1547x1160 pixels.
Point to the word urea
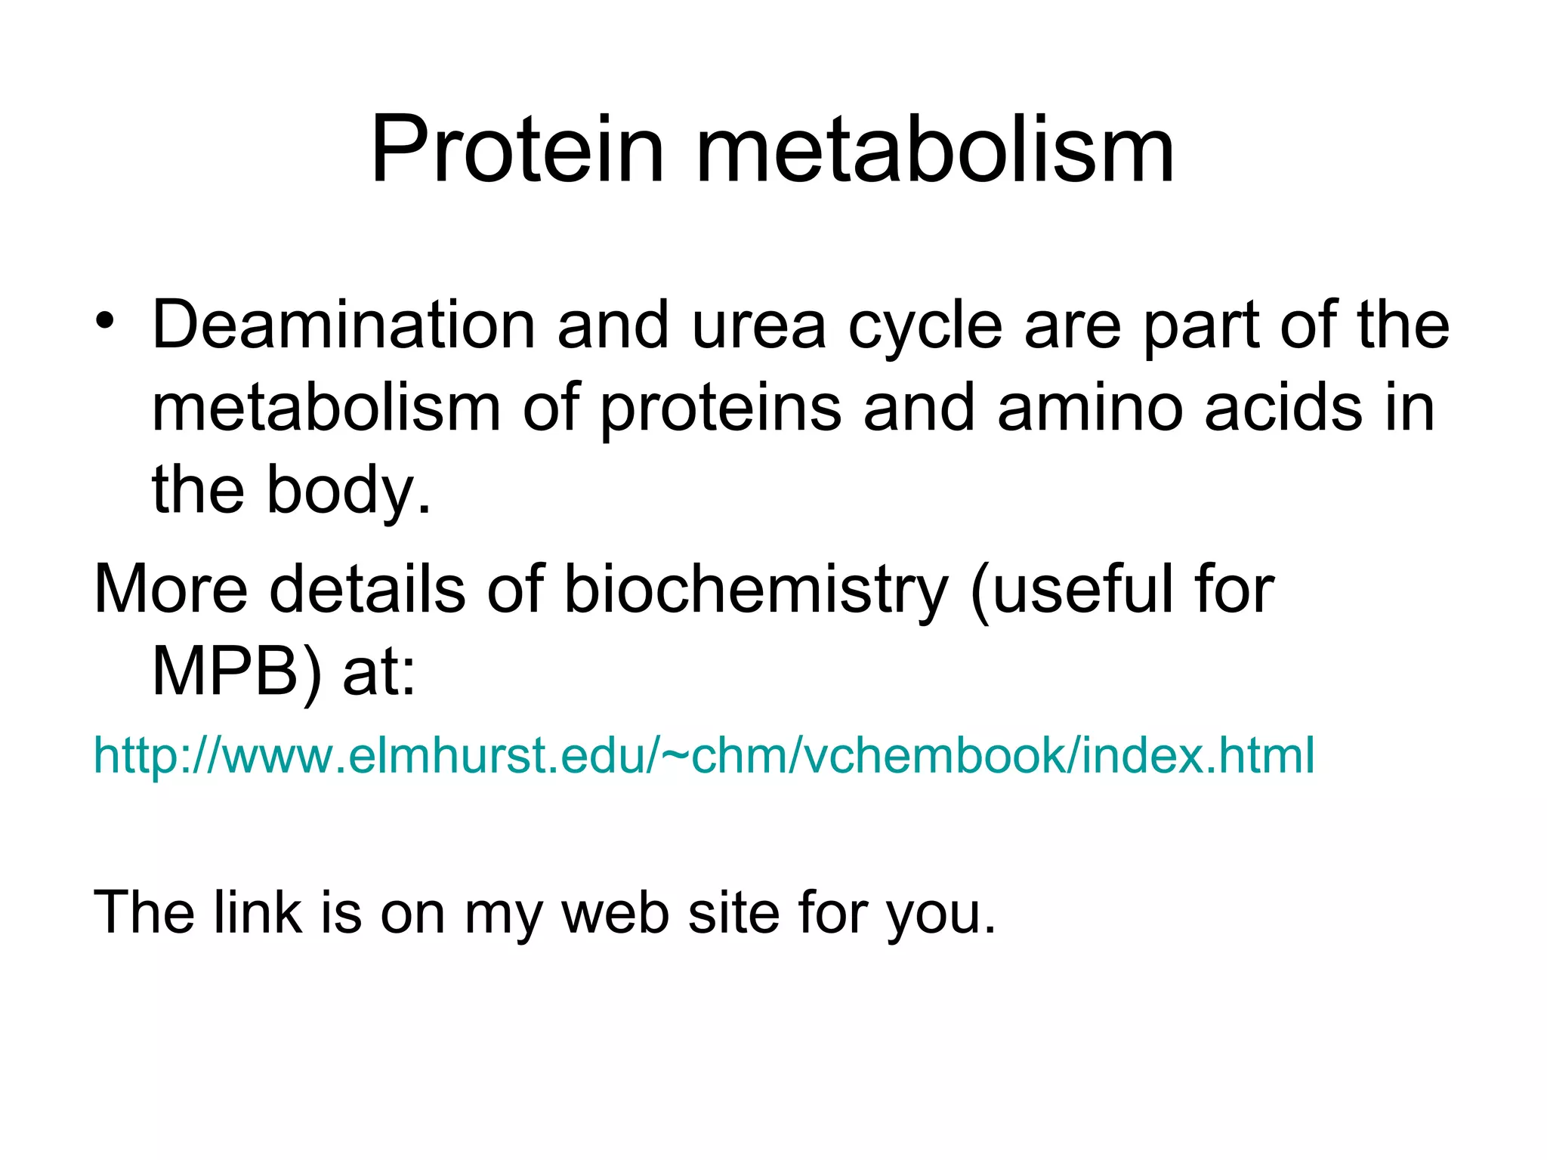pos(758,326)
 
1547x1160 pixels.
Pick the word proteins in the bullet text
pos(721,410)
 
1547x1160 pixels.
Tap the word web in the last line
pos(615,912)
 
